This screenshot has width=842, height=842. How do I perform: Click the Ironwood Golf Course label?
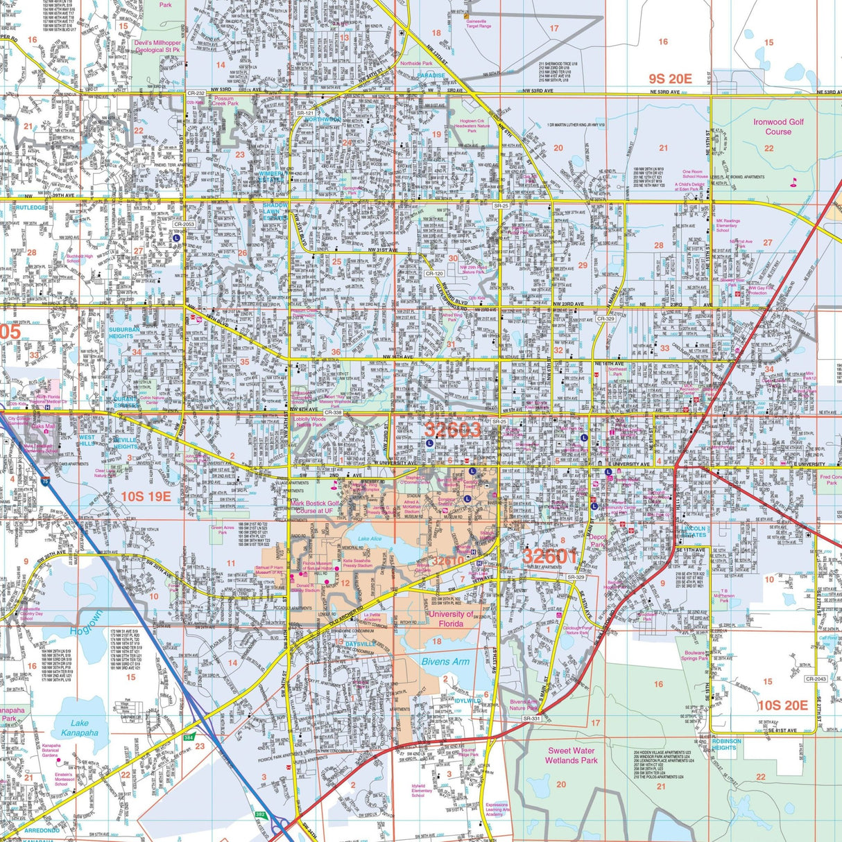point(778,127)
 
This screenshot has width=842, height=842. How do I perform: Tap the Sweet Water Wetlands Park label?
point(572,755)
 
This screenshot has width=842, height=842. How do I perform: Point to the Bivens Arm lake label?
point(445,661)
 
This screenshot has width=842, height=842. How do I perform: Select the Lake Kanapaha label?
point(80,728)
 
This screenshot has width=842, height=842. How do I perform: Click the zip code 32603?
point(452,430)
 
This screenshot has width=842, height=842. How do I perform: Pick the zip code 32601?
point(550,556)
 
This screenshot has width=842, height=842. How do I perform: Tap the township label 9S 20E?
point(670,79)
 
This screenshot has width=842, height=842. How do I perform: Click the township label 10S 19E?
point(146,496)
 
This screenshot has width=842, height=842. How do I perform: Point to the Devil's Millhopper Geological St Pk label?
point(157,46)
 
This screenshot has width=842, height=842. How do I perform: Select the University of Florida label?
point(451,619)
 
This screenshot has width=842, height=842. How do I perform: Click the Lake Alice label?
point(370,539)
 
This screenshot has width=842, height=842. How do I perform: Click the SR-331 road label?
point(531,719)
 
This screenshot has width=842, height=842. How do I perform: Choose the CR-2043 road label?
point(816,679)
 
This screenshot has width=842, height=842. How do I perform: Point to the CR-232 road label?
point(196,93)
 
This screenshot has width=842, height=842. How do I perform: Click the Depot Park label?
point(598,541)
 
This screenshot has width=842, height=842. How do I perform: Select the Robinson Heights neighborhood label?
point(726,744)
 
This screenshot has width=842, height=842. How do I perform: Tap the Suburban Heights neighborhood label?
point(124,333)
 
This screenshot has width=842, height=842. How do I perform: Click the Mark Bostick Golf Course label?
point(316,507)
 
